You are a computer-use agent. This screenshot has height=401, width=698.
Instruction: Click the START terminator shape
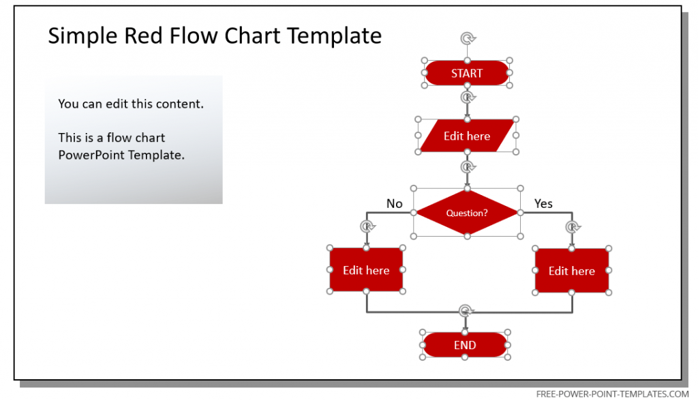[467, 73]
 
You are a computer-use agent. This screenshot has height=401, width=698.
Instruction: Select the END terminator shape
[465, 345]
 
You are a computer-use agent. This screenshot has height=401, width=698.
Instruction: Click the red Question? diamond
[467, 213]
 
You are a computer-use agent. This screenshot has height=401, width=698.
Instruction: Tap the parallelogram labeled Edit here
[467, 136]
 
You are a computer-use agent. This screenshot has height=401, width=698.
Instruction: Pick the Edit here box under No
[366, 270]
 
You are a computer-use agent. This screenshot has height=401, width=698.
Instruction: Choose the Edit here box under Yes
[571, 271]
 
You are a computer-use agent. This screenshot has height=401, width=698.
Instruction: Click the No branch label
[395, 203]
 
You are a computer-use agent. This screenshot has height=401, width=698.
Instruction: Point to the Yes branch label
[543, 203]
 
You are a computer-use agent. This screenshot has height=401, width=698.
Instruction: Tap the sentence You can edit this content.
[131, 104]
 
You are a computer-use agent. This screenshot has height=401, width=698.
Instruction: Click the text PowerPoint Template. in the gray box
[121, 155]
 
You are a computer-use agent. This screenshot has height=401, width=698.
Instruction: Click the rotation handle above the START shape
[467, 38]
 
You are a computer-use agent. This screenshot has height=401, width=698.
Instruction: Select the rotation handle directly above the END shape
[465, 310]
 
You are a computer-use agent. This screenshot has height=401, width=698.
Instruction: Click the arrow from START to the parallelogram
[467, 106]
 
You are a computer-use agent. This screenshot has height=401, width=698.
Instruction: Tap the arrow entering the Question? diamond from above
[467, 179]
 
